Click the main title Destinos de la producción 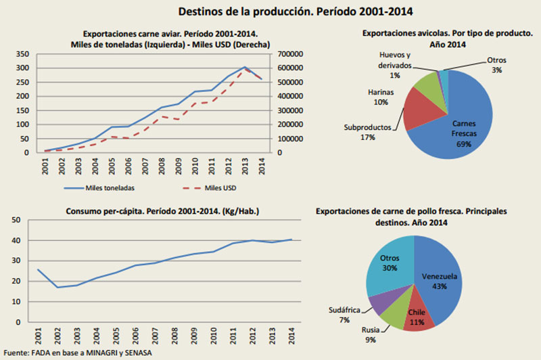coord(295,12)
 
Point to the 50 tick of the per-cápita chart coord(16,220)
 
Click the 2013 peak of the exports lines coord(245,68)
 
